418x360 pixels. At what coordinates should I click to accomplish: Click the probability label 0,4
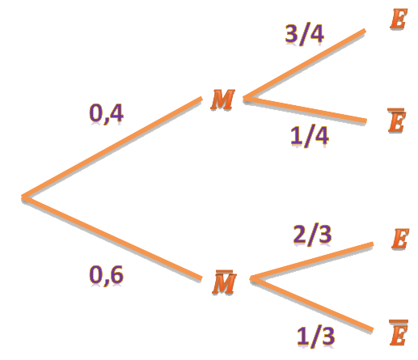(x=106, y=114)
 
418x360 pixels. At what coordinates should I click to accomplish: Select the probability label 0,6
(x=106, y=275)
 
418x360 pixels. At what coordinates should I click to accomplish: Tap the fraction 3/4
(x=305, y=35)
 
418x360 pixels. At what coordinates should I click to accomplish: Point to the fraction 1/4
(x=310, y=136)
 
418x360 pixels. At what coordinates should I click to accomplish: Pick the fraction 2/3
(x=312, y=235)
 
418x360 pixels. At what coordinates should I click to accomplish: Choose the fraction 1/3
(x=316, y=337)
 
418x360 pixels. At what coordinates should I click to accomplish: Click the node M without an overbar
(x=222, y=100)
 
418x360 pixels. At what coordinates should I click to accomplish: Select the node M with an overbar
(x=224, y=282)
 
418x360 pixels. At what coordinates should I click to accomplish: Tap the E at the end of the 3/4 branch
(x=399, y=19)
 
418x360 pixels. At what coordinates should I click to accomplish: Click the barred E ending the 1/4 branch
(x=396, y=121)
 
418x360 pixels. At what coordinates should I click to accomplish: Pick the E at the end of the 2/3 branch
(x=400, y=239)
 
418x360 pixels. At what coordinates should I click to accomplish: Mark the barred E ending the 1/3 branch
(x=399, y=332)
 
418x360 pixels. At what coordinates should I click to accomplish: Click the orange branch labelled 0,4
(x=112, y=148)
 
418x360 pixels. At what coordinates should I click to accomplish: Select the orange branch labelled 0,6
(x=112, y=238)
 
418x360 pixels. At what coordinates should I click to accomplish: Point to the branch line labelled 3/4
(x=304, y=64)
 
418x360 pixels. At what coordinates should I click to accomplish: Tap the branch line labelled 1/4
(x=305, y=110)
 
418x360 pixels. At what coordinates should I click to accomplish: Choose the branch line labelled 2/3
(x=311, y=261)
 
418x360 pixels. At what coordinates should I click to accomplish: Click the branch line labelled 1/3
(x=311, y=304)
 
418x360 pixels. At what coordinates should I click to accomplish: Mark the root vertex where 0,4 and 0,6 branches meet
(x=24, y=197)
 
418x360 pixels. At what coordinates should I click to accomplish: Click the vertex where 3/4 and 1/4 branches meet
(x=245, y=98)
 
